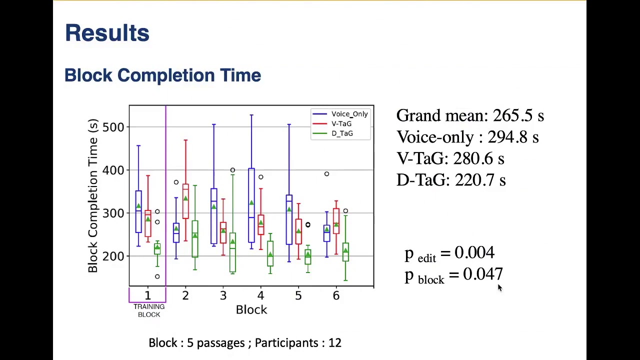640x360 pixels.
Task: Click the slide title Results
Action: [107, 33]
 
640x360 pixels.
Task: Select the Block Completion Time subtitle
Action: [162, 75]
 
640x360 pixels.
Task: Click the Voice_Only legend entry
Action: [349, 114]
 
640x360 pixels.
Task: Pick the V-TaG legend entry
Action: [341, 123]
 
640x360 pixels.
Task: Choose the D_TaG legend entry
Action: [342, 133]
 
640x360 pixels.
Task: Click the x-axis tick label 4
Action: [260, 295]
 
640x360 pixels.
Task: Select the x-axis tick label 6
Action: [336, 295]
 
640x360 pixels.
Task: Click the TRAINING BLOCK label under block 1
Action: [149, 310]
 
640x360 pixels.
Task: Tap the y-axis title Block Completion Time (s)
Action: [92, 195]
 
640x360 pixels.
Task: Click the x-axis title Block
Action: [251, 309]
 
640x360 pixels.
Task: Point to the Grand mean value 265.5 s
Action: [518, 115]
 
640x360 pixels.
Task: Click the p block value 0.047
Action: [482, 274]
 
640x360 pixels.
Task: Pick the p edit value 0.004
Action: [474, 252]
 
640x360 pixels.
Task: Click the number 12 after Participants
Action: [335, 343]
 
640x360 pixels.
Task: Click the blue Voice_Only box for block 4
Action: [251, 205]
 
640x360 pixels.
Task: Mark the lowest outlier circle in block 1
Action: [157, 276]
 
